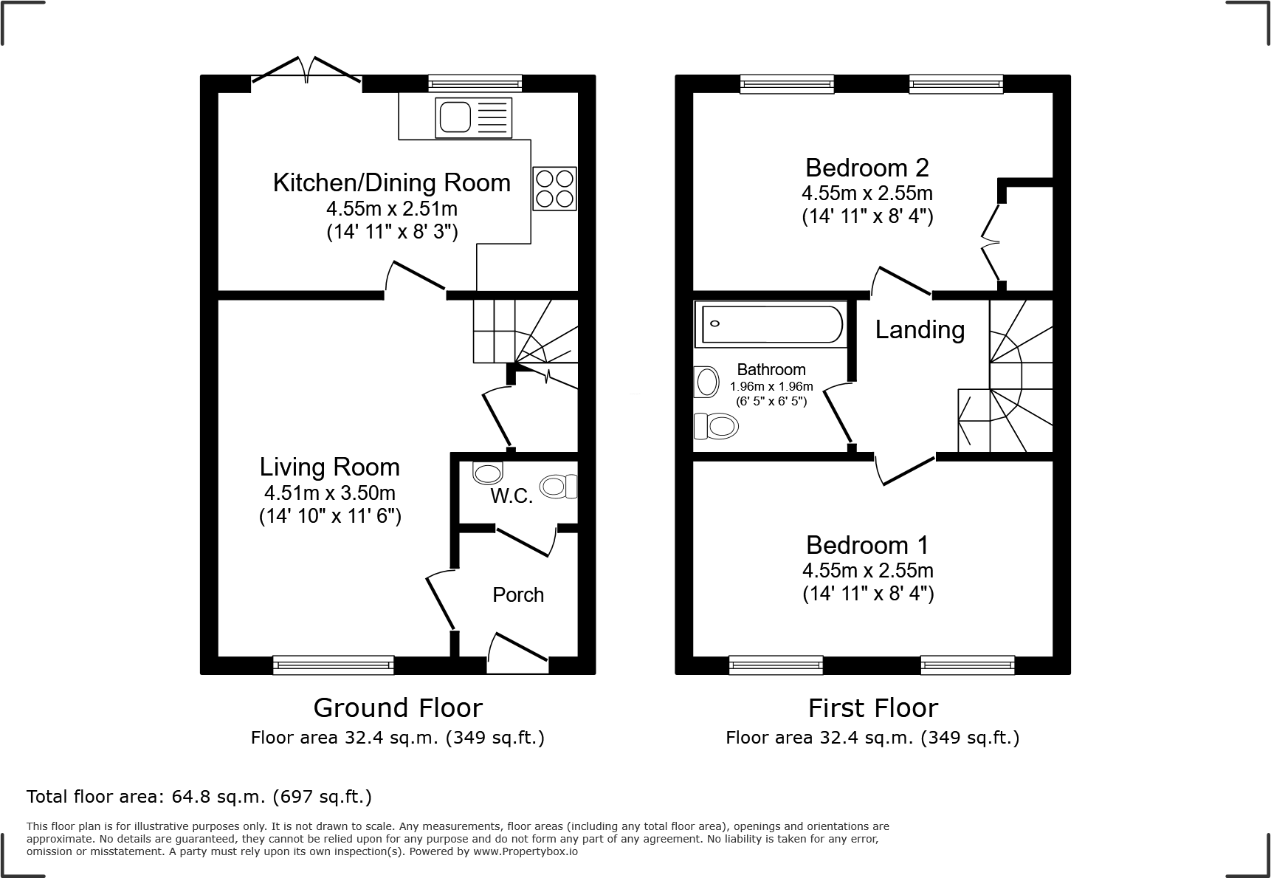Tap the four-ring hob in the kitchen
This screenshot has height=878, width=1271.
[554, 188]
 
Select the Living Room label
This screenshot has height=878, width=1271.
[329, 467]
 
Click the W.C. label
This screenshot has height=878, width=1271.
[512, 496]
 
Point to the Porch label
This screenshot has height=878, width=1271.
[518, 595]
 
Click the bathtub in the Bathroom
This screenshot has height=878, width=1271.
[771, 324]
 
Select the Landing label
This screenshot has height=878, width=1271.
[920, 329]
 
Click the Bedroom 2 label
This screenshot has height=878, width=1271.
[867, 168]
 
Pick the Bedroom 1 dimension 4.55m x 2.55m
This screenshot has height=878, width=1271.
[868, 571]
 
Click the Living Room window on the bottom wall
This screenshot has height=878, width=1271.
[333, 665]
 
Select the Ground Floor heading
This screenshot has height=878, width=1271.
[398, 708]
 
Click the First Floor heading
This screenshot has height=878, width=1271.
[872, 708]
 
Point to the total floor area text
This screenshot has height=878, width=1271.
[199, 797]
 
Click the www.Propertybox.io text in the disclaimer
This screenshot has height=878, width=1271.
[526, 851]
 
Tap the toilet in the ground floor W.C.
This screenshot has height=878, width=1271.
[559, 486]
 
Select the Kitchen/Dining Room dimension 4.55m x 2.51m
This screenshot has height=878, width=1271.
[392, 208]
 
